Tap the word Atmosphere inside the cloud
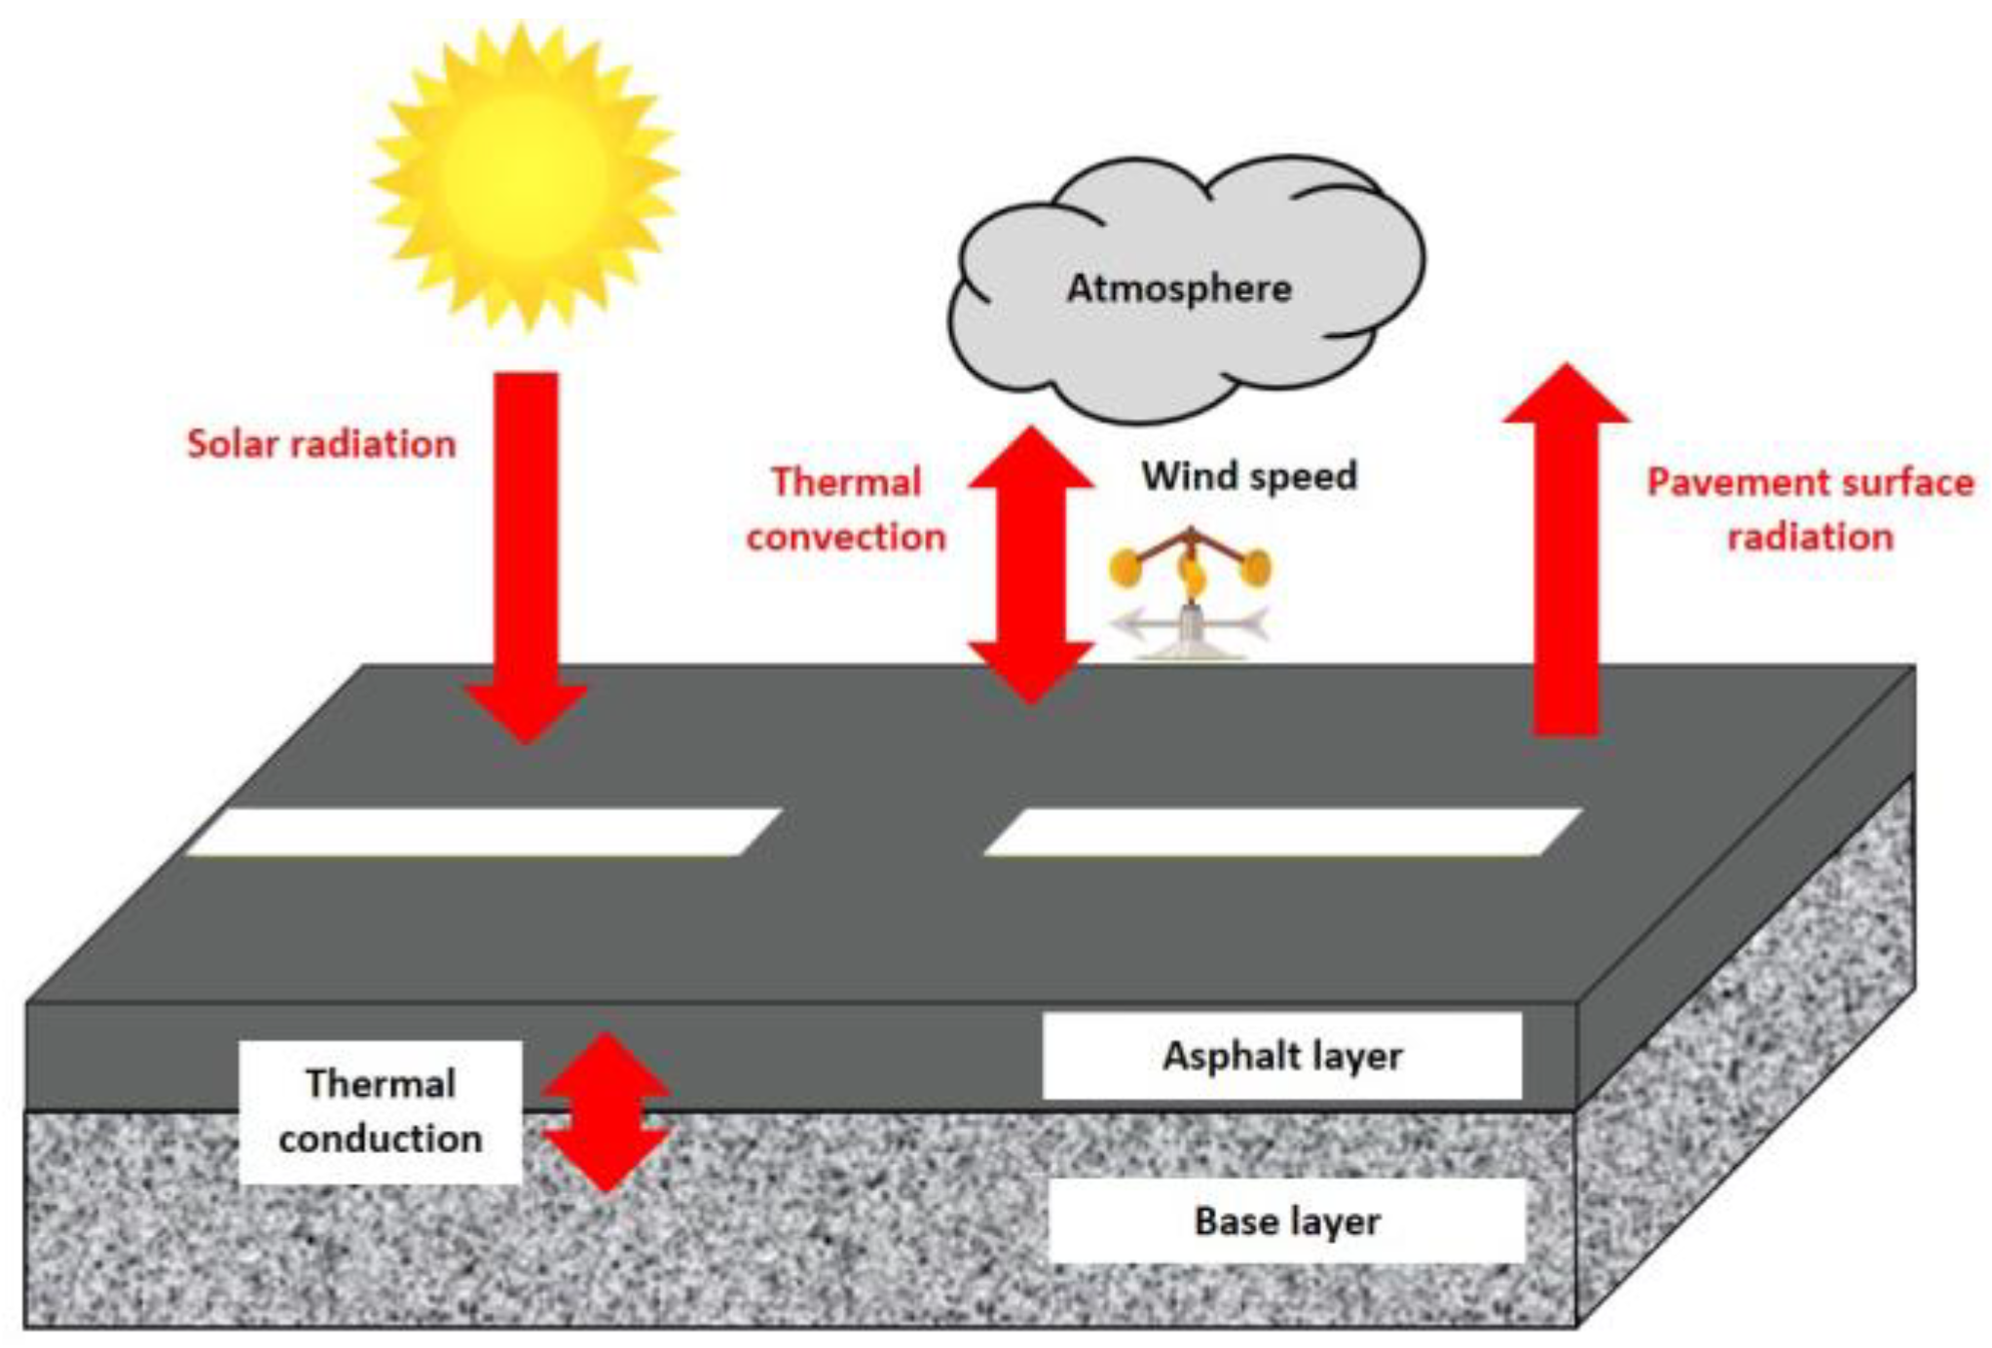point(1179,288)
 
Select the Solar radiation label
point(321,444)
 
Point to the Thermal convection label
point(845,509)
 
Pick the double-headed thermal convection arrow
point(1030,565)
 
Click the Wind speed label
point(1249,476)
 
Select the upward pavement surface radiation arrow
point(1566,555)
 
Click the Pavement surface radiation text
point(1810,509)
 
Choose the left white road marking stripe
point(484,832)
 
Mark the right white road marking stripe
point(1282,832)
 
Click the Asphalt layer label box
point(1281,1056)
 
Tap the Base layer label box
point(1286,1221)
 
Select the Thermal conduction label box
point(380,1111)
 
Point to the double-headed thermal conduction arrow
point(606,1111)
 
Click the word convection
point(845,538)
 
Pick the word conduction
point(380,1139)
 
